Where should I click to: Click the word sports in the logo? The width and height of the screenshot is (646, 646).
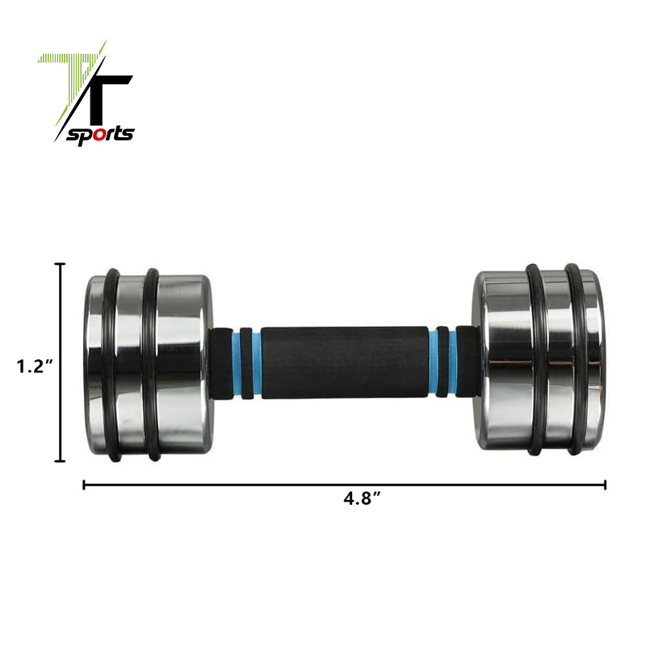[100, 135]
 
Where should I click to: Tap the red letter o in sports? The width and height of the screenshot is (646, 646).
[99, 135]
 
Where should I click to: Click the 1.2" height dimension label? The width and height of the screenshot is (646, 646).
[35, 366]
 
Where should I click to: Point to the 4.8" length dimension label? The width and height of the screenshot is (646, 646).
[362, 498]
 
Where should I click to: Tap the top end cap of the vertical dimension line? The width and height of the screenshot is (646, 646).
[60, 264]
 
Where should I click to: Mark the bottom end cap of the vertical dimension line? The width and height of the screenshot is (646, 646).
[60, 460]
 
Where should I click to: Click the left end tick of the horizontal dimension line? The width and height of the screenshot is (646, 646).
[84, 485]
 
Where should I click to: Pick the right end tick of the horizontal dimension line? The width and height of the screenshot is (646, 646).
[605, 485]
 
